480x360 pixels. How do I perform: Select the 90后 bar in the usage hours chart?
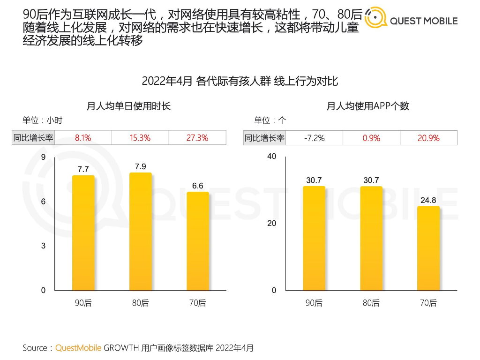click(83, 233)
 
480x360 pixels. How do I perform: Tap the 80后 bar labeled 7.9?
click(140, 232)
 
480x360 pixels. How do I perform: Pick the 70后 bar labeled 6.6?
click(197, 241)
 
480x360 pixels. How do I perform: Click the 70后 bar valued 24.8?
click(428, 248)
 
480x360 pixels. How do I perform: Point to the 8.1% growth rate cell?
click(83, 138)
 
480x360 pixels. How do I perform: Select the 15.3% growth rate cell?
click(140, 138)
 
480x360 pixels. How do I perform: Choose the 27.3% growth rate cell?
click(197, 138)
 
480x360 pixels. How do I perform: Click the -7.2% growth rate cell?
click(314, 138)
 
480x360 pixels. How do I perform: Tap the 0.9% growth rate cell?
click(371, 138)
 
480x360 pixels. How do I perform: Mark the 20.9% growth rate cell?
click(428, 138)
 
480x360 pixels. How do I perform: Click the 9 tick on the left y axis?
click(43, 157)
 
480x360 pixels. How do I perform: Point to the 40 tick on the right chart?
click(272, 156)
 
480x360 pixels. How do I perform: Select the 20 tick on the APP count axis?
click(272, 223)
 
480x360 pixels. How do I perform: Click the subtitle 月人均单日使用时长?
click(128, 106)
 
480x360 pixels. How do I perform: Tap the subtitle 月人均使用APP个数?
click(368, 106)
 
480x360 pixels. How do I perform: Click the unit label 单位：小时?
click(42, 120)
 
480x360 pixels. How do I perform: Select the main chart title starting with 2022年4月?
click(240, 81)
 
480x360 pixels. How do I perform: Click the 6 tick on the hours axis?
click(43, 202)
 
